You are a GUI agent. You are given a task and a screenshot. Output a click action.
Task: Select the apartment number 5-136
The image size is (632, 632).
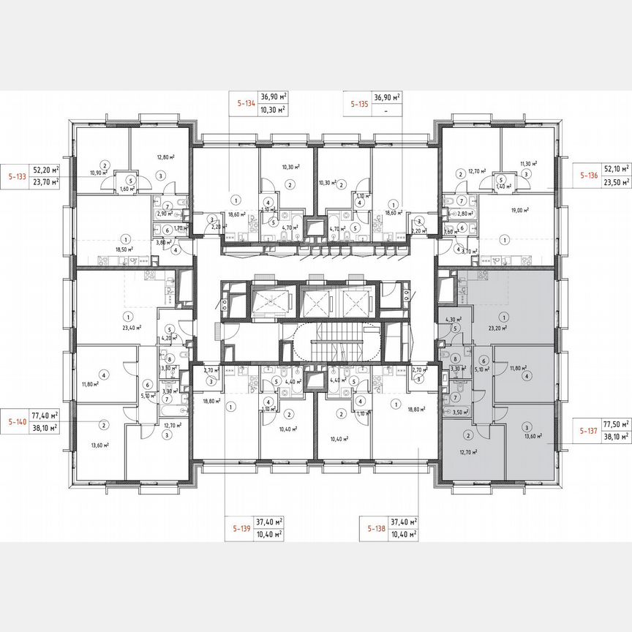point(590,176)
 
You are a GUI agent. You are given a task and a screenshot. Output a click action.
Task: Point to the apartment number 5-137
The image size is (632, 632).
point(590,422)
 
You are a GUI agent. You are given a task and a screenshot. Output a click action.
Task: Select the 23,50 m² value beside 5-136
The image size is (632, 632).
point(615,183)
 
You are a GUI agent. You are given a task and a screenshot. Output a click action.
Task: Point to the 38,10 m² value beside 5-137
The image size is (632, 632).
point(615,429)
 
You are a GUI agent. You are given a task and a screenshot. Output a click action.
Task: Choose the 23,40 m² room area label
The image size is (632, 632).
point(132,328)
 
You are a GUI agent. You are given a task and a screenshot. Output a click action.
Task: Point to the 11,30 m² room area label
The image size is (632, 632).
point(528,164)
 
